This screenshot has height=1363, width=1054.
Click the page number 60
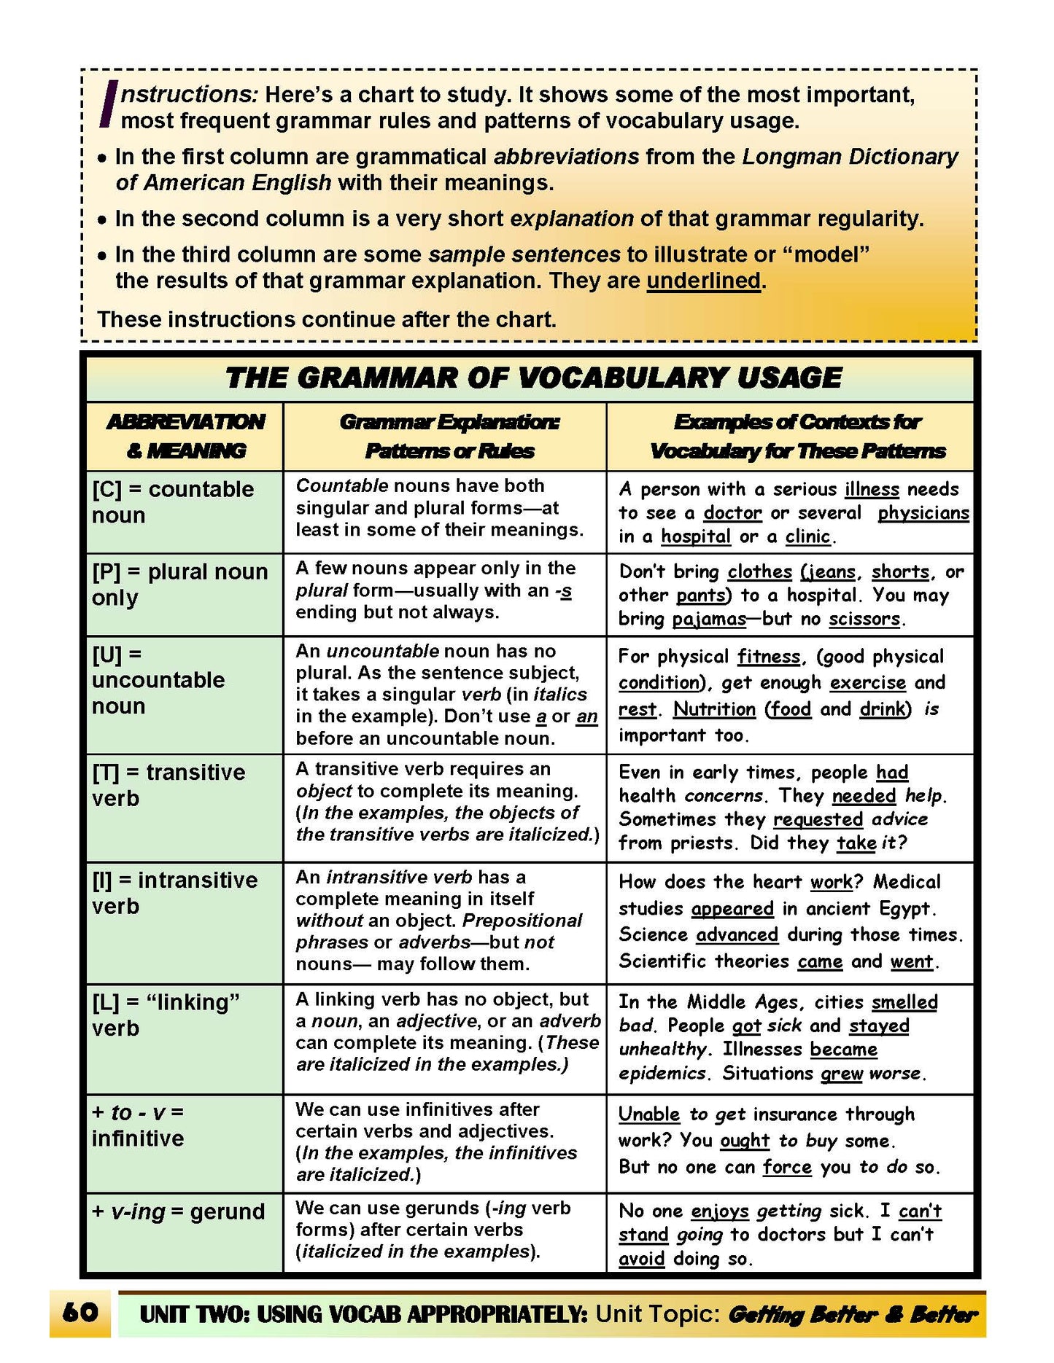coord(80,1313)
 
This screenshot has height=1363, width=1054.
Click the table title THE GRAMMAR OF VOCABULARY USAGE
coord(533,378)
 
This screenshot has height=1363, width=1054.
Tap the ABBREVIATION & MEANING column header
coord(185,436)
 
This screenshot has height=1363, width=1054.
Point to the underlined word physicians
coord(923,513)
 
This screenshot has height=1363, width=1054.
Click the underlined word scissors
coord(864,619)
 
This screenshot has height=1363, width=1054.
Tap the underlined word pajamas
coord(708,619)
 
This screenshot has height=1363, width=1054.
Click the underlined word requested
coord(818,819)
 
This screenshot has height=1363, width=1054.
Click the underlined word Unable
coord(648,1114)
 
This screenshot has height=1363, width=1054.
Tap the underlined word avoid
coord(641,1259)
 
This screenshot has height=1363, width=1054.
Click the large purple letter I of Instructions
coord(109,104)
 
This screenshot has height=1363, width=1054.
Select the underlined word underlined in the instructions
coord(703,281)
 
